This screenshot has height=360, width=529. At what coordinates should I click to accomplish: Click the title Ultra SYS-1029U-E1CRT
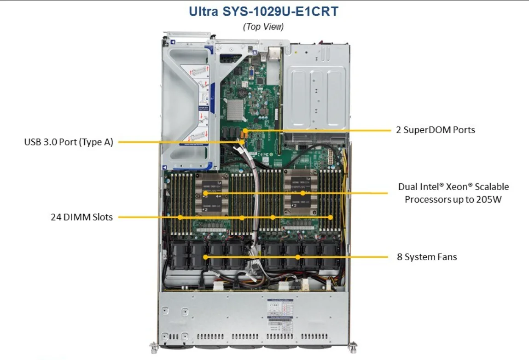(263, 12)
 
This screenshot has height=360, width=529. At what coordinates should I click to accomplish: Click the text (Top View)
(263, 27)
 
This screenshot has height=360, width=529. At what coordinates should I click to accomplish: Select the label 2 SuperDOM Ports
(436, 130)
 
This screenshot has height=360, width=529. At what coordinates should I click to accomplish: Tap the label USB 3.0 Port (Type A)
(69, 142)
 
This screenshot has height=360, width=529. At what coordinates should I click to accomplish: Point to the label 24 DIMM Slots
(81, 217)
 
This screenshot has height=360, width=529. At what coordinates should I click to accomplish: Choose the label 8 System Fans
(427, 257)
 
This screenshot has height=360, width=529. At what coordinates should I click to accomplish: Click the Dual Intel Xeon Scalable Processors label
(453, 193)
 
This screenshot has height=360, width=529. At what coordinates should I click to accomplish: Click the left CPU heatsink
(211, 193)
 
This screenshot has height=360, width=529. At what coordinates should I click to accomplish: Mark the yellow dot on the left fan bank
(206, 257)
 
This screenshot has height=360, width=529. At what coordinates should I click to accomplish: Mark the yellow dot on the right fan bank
(298, 257)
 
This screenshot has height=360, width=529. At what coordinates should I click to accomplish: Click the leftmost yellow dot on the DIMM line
(180, 217)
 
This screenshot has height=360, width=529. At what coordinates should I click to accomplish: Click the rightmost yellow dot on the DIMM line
(330, 217)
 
